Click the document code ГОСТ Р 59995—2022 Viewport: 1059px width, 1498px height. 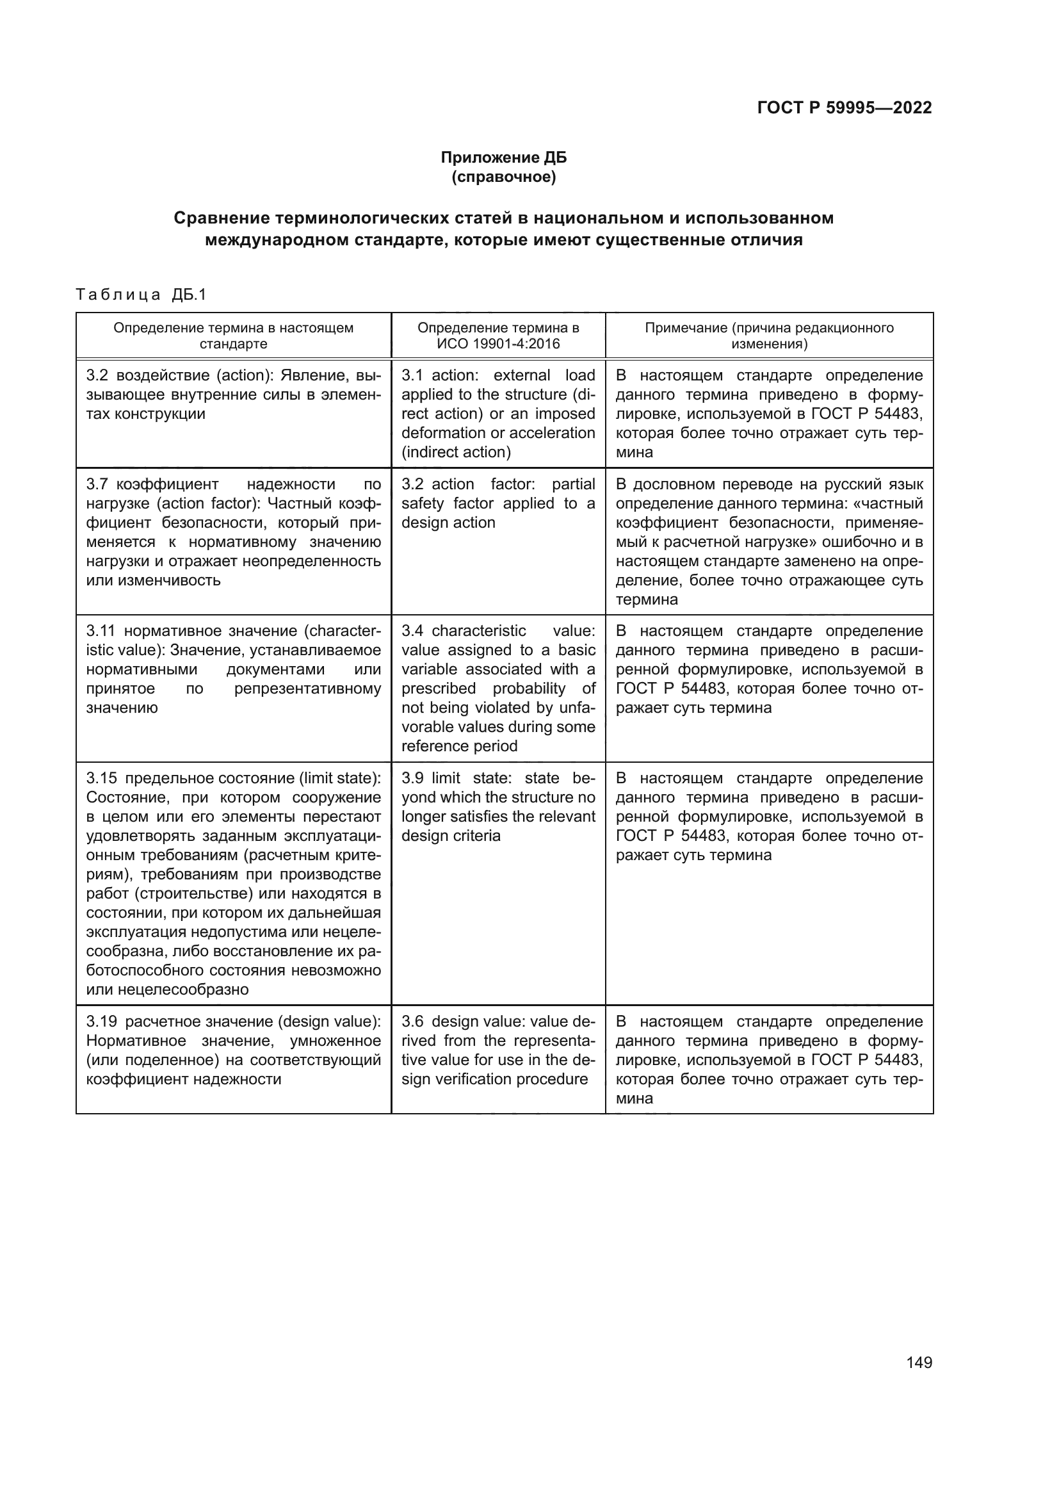[844, 108]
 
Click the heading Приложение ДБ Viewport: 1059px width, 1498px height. [503, 158]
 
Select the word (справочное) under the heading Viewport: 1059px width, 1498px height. [503, 177]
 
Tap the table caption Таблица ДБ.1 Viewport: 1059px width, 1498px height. [141, 295]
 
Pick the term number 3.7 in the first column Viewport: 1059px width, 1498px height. [99, 484]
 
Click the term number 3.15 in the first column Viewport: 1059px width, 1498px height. [102, 778]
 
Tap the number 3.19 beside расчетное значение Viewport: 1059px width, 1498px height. [102, 1022]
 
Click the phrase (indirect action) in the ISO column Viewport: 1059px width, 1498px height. [456, 452]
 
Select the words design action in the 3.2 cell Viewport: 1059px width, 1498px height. [448, 523]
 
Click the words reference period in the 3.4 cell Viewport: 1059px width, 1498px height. [459, 746]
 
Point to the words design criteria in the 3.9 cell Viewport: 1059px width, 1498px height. [451, 836]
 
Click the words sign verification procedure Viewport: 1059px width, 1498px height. [494, 1079]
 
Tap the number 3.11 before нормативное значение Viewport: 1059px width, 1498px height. [101, 631]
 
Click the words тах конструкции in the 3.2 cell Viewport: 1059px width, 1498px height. [145, 414]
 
